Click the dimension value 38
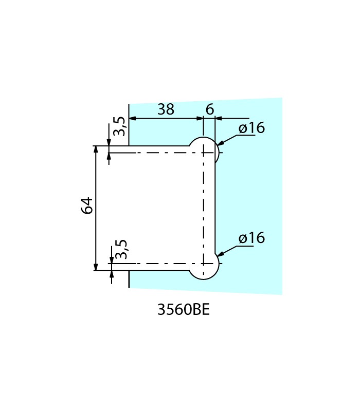(166, 109)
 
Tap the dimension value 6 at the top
(209, 109)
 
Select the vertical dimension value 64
(87, 205)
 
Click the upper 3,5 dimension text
(119, 126)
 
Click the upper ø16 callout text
(252, 127)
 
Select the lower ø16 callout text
(252, 238)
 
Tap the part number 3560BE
(184, 310)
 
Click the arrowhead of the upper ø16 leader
(219, 143)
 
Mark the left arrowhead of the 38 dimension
(132, 119)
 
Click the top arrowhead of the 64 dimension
(96, 149)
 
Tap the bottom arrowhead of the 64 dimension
(96, 267)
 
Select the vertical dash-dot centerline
(204, 206)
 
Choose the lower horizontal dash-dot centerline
(154, 264)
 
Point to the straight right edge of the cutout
(215, 206)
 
